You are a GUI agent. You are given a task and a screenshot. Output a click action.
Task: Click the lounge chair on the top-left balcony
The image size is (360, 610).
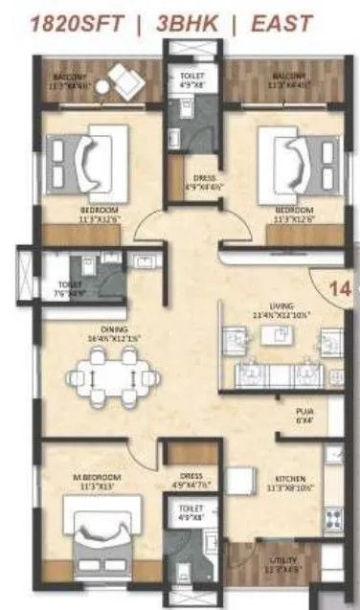121,80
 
